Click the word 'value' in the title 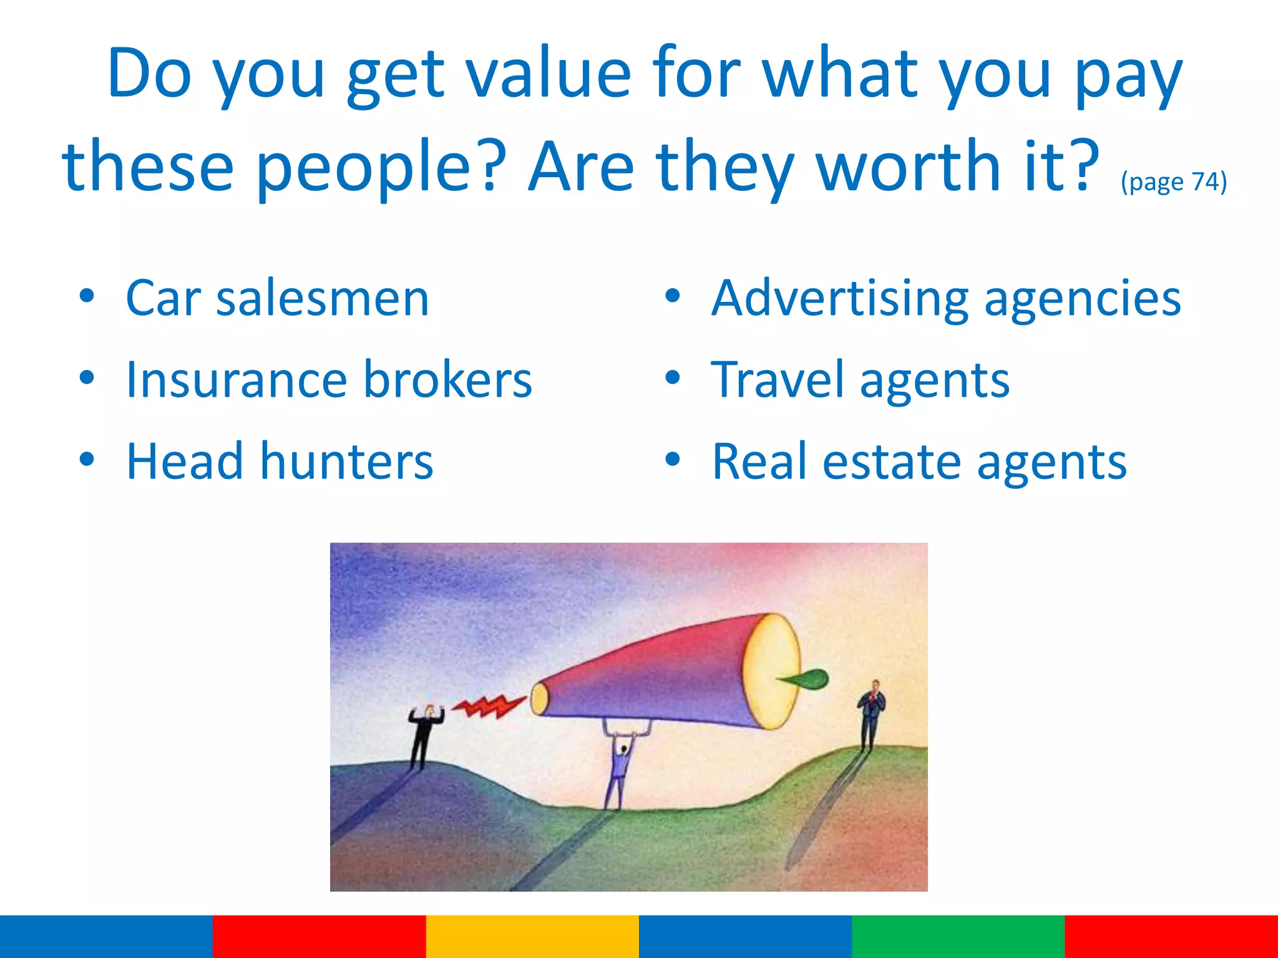point(549,75)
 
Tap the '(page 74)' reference point(1174,181)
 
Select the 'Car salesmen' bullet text point(278,298)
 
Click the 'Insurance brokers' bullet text point(329,380)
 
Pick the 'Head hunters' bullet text point(280,462)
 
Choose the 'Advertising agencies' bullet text point(946,298)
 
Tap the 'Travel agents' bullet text point(860,380)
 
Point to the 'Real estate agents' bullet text point(919,462)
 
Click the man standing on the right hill point(871,714)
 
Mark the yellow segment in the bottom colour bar point(532,936)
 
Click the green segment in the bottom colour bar point(958,936)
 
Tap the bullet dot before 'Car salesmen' point(87,296)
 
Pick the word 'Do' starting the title point(149,75)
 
